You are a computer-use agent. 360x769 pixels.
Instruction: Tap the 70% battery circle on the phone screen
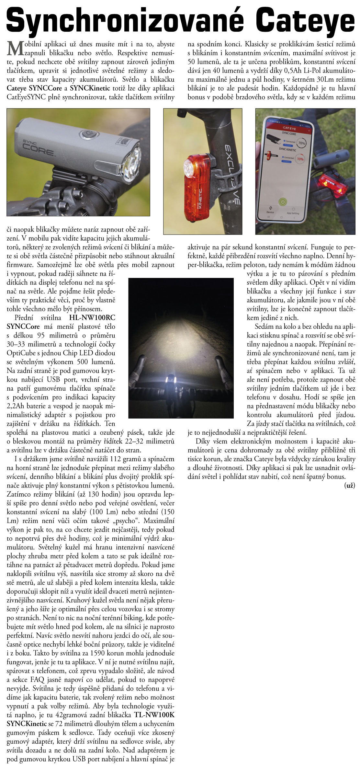point(301,143)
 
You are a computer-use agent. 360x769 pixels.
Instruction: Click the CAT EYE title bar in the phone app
point(289,128)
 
